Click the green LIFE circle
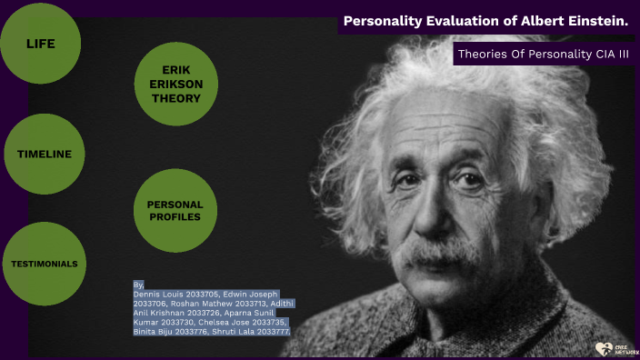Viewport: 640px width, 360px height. point(40,43)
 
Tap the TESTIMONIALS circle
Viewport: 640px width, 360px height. point(44,264)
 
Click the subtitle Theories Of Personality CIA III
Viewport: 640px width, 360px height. point(544,54)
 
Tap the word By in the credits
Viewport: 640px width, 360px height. point(138,285)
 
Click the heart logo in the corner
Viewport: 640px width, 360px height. point(602,347)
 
